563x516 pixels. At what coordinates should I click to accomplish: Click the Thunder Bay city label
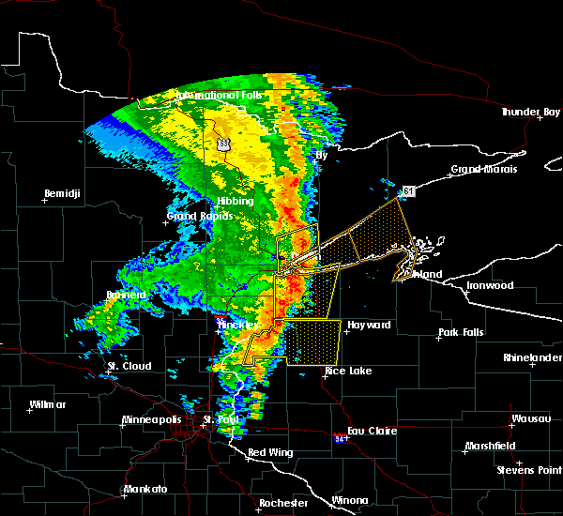coord(530,112)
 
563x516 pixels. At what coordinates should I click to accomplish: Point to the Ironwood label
coord(490,285)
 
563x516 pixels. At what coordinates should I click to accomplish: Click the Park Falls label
coord(460,334)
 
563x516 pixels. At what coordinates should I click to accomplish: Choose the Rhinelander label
coord(531,357)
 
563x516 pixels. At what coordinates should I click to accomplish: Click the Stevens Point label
coord(529,468)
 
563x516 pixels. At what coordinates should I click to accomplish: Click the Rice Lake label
coord(347,371)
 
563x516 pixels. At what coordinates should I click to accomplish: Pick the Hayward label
coord(368,325)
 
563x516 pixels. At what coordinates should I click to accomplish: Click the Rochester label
coord(282,503)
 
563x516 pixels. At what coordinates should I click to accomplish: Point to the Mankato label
coord(145,490)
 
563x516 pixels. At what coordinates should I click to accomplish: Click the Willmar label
coord(48,404)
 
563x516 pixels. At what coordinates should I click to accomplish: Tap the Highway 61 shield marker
coord(408,191)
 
